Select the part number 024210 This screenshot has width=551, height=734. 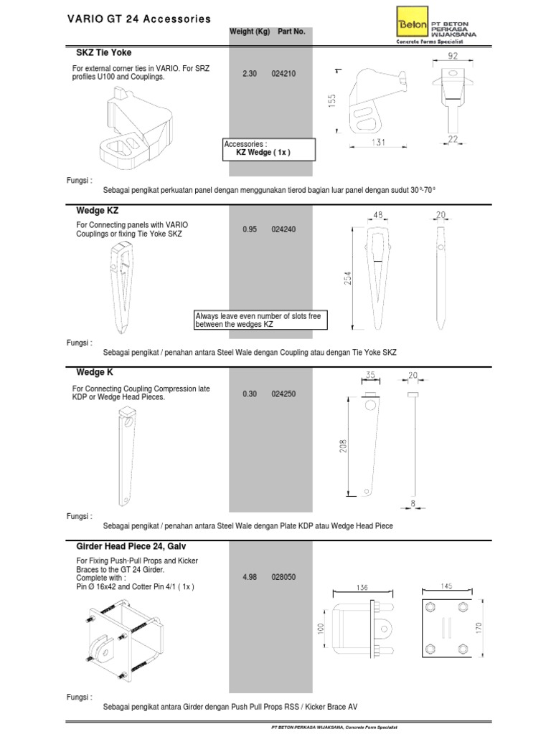coord(283,72)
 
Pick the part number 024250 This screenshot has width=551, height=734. coord(283,394)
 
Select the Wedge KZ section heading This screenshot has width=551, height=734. coord(97,211)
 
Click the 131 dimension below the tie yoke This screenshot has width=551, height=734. coord(378,143)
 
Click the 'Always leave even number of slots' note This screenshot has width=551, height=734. coord(260,320)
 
